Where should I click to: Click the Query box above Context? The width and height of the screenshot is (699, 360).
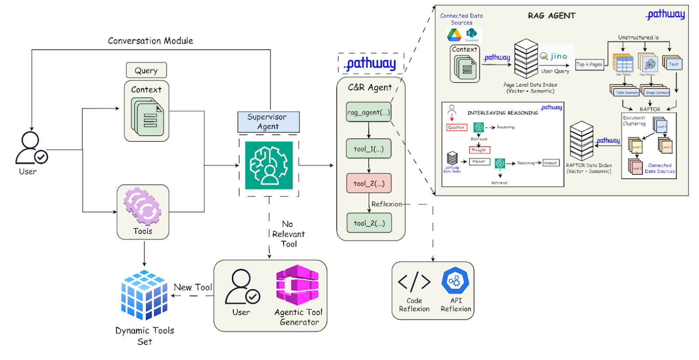point(146,70)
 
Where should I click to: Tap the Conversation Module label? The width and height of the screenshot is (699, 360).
point(150,41)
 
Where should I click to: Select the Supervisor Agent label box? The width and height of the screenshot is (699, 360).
point(268,122)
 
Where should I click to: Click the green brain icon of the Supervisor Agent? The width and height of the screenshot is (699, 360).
point(269,165)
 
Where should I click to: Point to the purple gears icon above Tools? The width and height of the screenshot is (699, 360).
point(142,206)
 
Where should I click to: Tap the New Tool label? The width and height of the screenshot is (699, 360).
point(193,287)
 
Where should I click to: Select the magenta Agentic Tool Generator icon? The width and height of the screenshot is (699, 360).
point(298,285)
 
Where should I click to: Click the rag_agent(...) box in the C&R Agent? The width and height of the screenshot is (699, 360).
point(369,112)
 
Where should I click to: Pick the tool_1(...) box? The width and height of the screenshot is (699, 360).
point(369,149)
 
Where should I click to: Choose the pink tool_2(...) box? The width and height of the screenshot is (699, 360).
point(369,183)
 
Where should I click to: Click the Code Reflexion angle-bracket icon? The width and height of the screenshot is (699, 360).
point(414,282)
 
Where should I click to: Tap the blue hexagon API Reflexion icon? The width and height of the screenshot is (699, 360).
point(455,280)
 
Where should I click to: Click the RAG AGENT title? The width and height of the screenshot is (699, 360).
point(551,16)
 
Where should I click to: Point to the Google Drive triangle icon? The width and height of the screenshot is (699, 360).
point(454,35)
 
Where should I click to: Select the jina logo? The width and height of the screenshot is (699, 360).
point(554,56)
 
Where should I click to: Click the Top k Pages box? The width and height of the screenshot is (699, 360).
point(589,65)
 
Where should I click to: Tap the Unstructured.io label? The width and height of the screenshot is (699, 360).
point(638,38)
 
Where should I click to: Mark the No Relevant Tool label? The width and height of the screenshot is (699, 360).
point(288,234)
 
